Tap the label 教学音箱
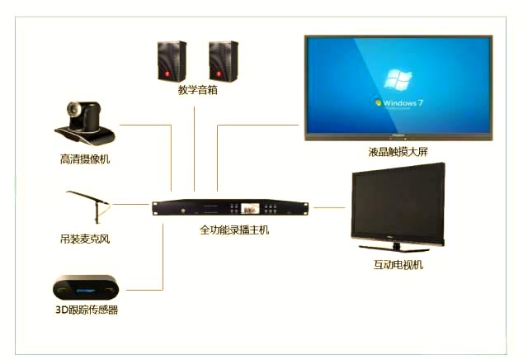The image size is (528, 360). pos(198,91)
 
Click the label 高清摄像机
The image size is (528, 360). pos(85,159)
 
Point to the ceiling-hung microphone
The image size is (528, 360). pos(87,203)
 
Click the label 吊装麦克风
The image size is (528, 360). pos(84,239)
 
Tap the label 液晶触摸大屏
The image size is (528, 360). pos(398,152)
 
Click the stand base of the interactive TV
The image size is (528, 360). pos(396,247)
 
